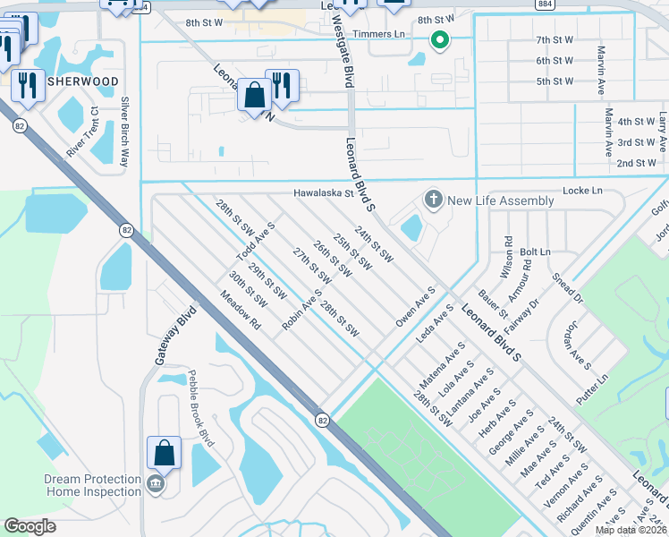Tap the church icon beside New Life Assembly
(434, 199)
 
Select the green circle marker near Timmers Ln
(439, 39)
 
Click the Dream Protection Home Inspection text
(93, 485)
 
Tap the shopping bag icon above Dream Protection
(165, 453)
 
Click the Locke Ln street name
(582, 192)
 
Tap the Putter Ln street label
(592, 390)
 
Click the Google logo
(30, 526)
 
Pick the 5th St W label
(555, 81)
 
